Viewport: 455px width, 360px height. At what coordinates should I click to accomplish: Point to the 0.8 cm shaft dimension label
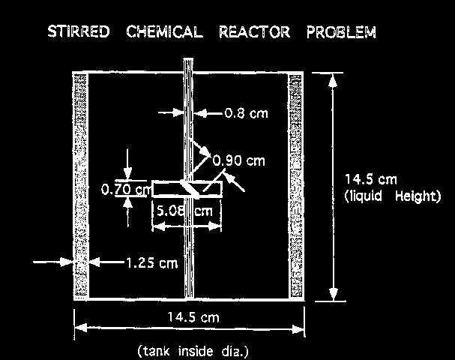[x=245, y=115]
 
